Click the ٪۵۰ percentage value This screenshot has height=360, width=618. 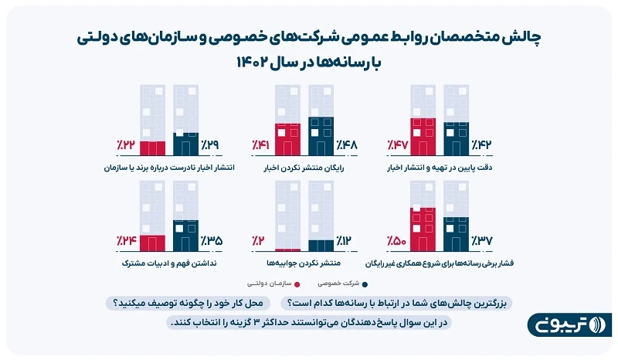pyautogui.click(x=396, y=241)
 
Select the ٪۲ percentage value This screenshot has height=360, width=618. pyautogui.click(x=259, y=241)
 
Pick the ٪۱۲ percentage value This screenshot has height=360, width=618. pyautogui.click(x=345, y=241)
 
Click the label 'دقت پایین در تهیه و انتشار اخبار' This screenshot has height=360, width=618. pyautogui.click(x=446, y=167)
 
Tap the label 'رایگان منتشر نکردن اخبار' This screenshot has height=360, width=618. pyautogui.click(x=303, y=167)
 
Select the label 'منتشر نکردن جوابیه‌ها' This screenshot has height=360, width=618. pyautogui.click(x=302, y=263)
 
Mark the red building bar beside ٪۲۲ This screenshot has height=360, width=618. pyautogui.click(x=152, y=148)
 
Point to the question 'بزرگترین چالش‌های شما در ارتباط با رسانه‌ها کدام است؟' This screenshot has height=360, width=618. pyautogui.click(x=397, y=303)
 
